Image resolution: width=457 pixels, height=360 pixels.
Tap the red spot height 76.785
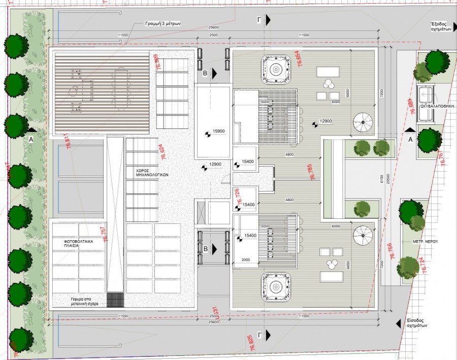tap(312, 173)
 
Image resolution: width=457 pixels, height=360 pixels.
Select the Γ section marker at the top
tap(260, 19)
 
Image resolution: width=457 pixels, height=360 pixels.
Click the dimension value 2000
tap(246, 260)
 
